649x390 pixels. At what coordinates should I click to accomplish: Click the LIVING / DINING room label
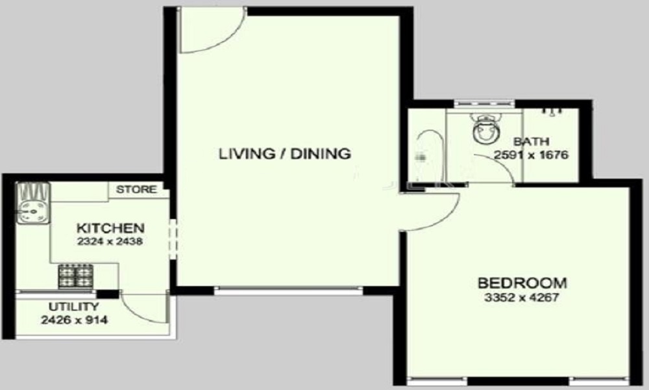[285, 154]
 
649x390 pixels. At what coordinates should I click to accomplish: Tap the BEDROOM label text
[522, 283]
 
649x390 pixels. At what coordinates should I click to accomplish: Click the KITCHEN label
[110, 228]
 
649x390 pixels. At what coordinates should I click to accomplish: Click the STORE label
[136, 190]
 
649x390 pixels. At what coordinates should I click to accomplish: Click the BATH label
[531, 141]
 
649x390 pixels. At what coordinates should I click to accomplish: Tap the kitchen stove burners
[76, 276]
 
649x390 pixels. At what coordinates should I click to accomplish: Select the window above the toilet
[484, 103]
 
